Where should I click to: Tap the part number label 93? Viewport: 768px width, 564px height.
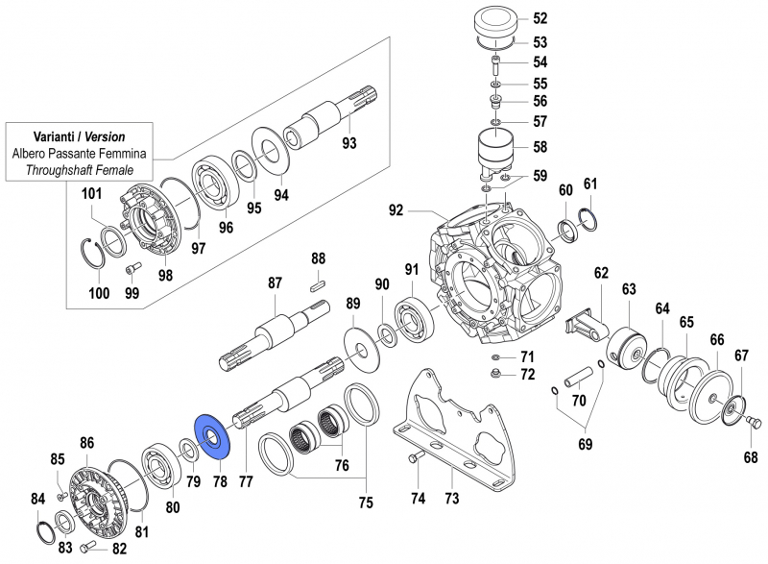coord(348,144)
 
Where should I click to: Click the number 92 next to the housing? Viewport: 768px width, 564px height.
coord(396,209)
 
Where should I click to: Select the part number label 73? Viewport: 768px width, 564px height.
coord(451,498)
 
